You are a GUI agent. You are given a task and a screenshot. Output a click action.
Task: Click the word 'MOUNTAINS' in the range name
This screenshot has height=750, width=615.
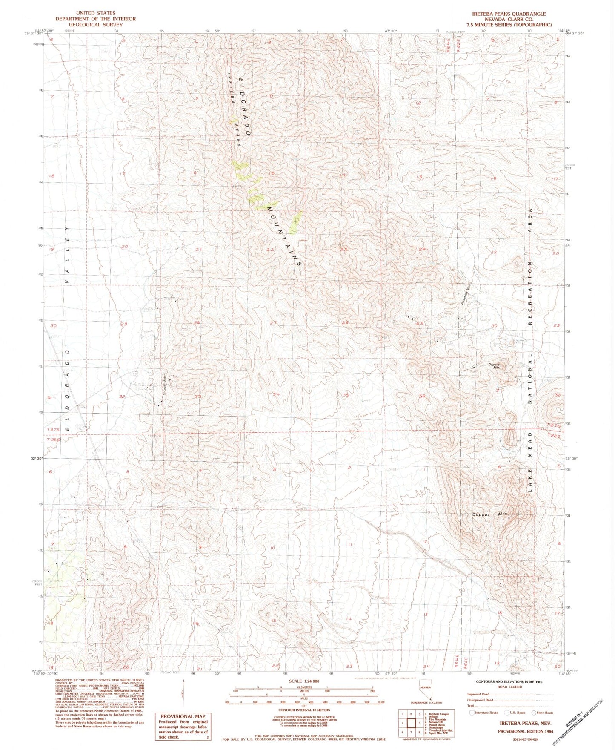(x=284, y=236)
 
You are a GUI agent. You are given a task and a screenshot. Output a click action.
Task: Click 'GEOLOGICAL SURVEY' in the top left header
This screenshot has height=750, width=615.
(x=96, y=25)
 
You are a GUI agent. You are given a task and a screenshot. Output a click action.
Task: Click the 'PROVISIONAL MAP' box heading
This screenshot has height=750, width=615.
(x=183, y=716)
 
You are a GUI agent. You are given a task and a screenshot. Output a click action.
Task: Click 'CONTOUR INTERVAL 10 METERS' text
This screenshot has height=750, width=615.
(x=304, y=710)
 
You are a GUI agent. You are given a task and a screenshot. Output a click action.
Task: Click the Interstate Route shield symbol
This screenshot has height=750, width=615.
(x=472, y=712)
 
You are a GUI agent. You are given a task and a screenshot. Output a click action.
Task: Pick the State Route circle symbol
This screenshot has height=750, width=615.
(x=534, y=712)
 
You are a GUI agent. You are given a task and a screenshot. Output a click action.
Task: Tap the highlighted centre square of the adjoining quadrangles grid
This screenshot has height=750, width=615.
(x=411, y=722)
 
